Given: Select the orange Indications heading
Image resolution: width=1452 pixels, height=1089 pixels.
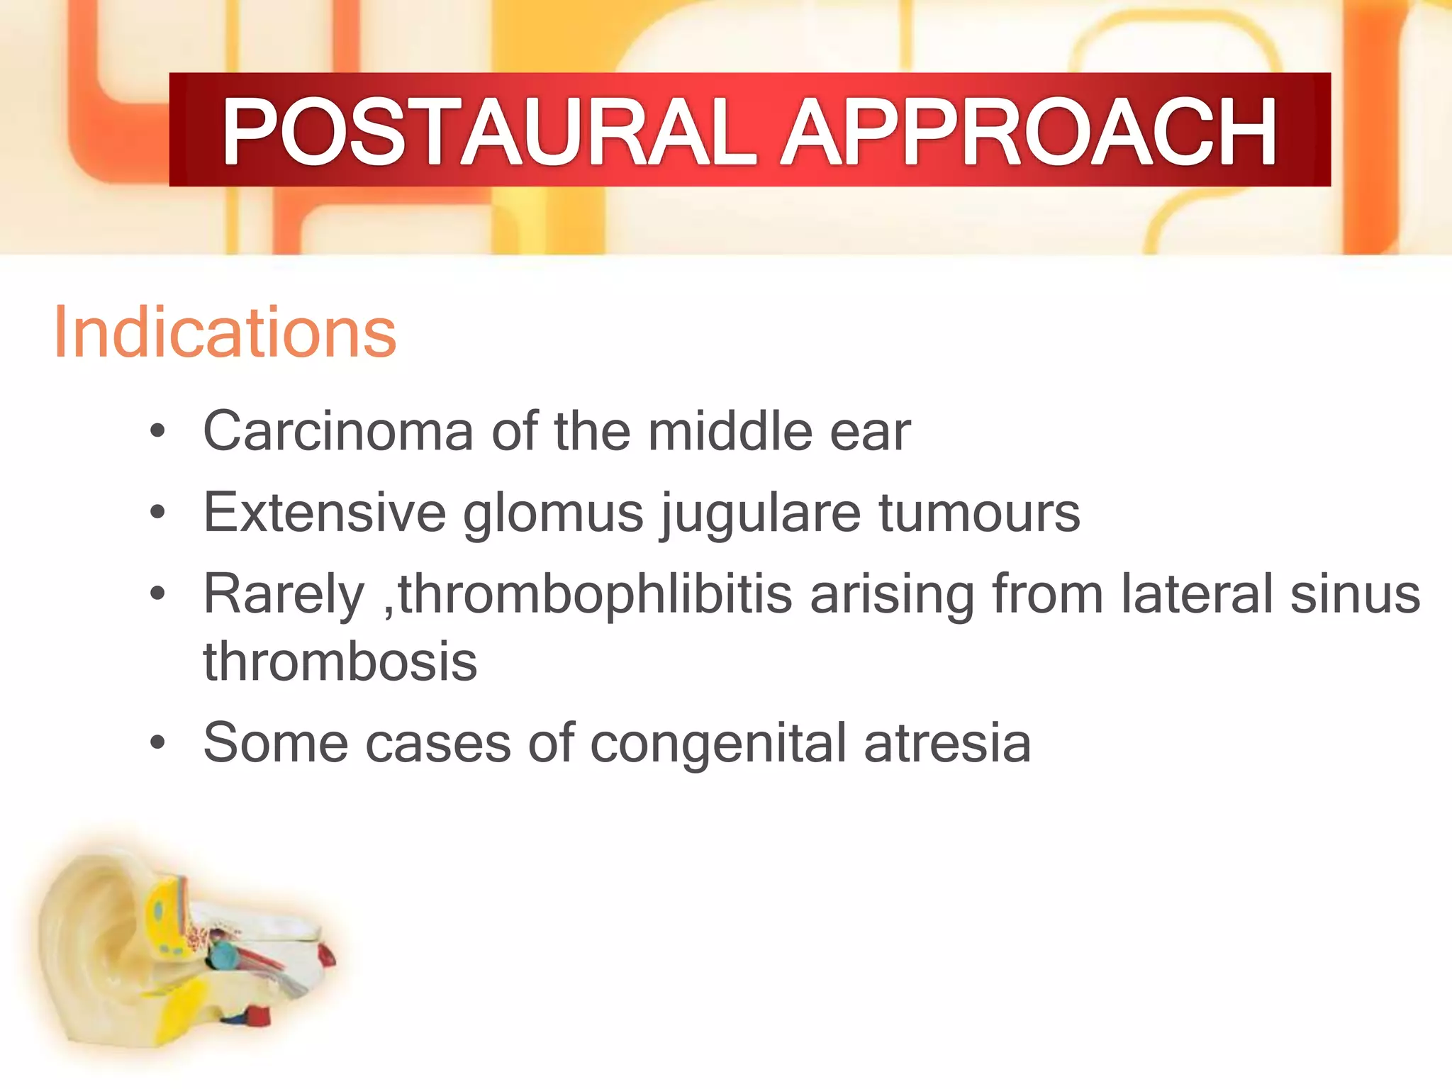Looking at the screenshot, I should (x=225, y=333).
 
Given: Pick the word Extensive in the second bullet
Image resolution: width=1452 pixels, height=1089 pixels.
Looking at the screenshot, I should (x=324, y=512).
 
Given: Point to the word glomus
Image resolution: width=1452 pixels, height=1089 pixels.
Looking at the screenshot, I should (x=553, y=513).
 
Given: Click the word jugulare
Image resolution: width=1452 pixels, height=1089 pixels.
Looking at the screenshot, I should (x=760, y=513).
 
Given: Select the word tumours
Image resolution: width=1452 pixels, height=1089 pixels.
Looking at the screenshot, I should (x=979, y=512).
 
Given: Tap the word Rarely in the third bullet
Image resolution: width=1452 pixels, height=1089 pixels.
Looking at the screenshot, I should (x=284, y=594).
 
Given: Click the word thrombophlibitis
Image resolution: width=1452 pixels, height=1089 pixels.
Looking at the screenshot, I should (x=594, y=594).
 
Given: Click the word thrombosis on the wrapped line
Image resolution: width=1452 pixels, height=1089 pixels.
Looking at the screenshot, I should (x=340, y=661).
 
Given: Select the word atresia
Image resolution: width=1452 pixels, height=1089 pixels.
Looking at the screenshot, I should (x=947, y=743).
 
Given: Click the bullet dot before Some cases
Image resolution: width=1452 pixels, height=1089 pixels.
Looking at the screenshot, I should (x=157, y=743).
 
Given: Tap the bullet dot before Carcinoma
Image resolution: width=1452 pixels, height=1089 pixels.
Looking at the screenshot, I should (x=157, y=431).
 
